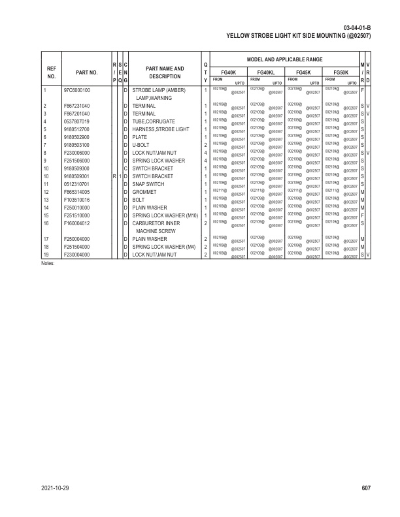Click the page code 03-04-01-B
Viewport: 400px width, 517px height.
click(x=356, y=27)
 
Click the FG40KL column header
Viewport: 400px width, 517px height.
click(x=266, y=73)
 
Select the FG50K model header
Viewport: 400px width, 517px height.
click(x=341, y=73)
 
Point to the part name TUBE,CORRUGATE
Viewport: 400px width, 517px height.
click(x=154, y=121)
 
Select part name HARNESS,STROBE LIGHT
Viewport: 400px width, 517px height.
click(x=160, y=129)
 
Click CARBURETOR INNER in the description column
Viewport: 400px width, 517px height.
click(x=156, y=223)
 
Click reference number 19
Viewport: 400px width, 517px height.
click(x=46, y=255)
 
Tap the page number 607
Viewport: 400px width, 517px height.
click(x=365, y=488)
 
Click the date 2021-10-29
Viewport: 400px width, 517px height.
click(x=54, y=488)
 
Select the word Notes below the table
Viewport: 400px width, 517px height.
click(x=46, y=262)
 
